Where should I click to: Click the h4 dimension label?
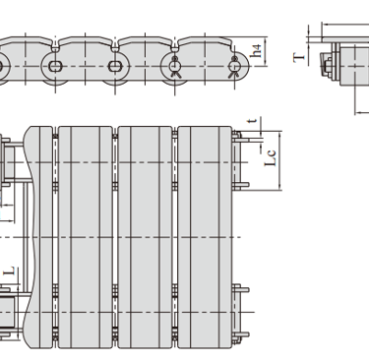(257, 51)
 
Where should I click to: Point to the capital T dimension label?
(299, 58)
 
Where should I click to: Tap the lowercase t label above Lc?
(252, 121)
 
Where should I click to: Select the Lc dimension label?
(271, 158)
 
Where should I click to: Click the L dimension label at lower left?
(10, 271)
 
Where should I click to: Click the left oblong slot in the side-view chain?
(55, 66)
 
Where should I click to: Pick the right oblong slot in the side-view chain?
(115, 66)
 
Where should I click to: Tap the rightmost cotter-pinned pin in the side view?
(234, 66)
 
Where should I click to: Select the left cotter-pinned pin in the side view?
(174, 66)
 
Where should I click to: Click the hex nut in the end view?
(328, 65)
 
